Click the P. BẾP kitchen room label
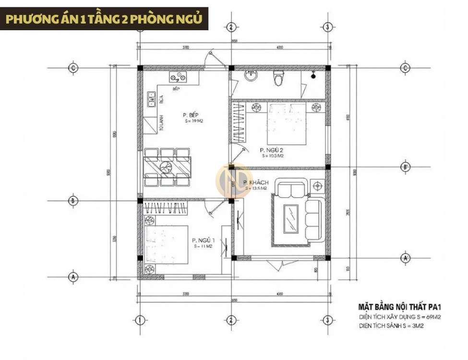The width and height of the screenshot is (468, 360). point(191,115)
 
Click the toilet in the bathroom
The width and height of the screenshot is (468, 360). point(278,79)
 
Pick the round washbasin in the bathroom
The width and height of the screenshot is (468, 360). point(250,75)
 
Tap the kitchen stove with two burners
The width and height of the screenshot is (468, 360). point(178,76)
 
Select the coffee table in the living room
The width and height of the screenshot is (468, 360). point(291,217)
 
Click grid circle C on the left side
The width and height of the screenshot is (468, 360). point(73,68)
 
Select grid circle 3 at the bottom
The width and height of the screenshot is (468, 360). point(327,320)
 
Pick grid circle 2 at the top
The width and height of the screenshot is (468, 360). point(231,27)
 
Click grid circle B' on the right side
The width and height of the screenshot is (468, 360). point(406,167)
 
